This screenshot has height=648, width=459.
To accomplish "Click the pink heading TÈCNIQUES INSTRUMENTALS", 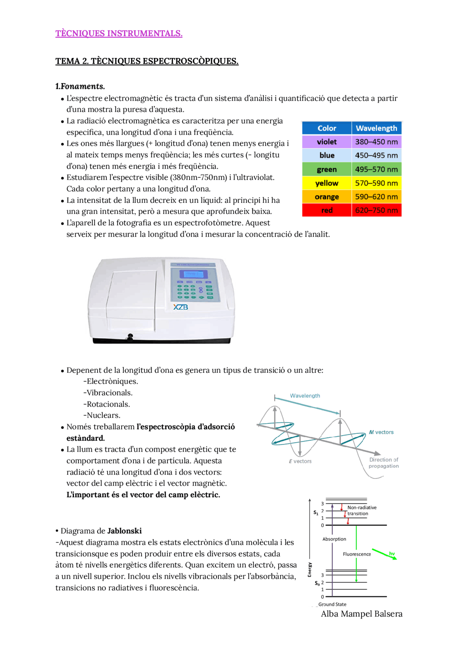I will tap(119, 34).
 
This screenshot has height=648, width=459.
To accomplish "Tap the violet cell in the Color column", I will tap(326, 142).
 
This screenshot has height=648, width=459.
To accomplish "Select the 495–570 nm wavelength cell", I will tap(376, 169).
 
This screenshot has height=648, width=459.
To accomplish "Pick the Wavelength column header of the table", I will tap(376, 128).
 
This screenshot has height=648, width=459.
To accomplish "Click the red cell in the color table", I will tap(326, 210).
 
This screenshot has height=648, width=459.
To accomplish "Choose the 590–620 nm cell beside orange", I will tap(376, 197).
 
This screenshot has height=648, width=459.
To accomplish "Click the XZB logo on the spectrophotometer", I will tap(180, 307).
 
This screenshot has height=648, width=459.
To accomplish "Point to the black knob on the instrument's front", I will tap(130, 337).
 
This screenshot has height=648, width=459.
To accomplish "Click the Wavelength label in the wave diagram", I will tap(305, 396).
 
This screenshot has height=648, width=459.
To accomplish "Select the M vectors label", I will tap(381, 432).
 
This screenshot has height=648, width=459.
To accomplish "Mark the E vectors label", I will tap(300, 461).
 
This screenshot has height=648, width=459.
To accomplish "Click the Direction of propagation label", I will tap(384, 463).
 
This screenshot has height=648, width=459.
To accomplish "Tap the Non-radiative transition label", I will tap(361, 510).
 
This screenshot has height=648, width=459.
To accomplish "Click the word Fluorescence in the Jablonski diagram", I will tap(357, 554).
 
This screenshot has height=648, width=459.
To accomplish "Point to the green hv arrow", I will tap(384, 554).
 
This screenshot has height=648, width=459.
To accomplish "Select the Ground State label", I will tap(332, 604).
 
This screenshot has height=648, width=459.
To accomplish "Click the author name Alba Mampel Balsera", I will tap(361, 614).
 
